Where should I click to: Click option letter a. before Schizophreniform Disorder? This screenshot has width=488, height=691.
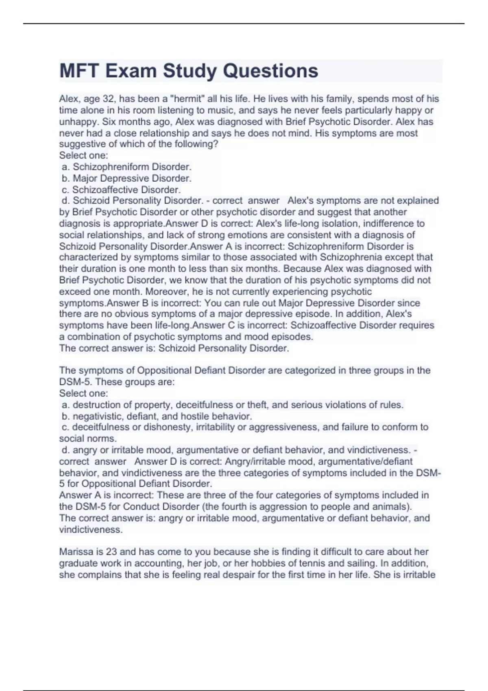[x=65, y=167]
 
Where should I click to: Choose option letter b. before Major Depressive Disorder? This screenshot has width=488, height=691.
[x=65, y=178]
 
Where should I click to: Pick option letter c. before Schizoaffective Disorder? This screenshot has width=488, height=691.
[x=65, y=189]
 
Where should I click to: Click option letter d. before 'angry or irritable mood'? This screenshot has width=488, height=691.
[x=65, y=450]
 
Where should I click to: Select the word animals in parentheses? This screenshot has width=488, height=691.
[x=392, y=506]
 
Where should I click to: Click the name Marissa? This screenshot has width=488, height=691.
[x=76, y=552]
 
